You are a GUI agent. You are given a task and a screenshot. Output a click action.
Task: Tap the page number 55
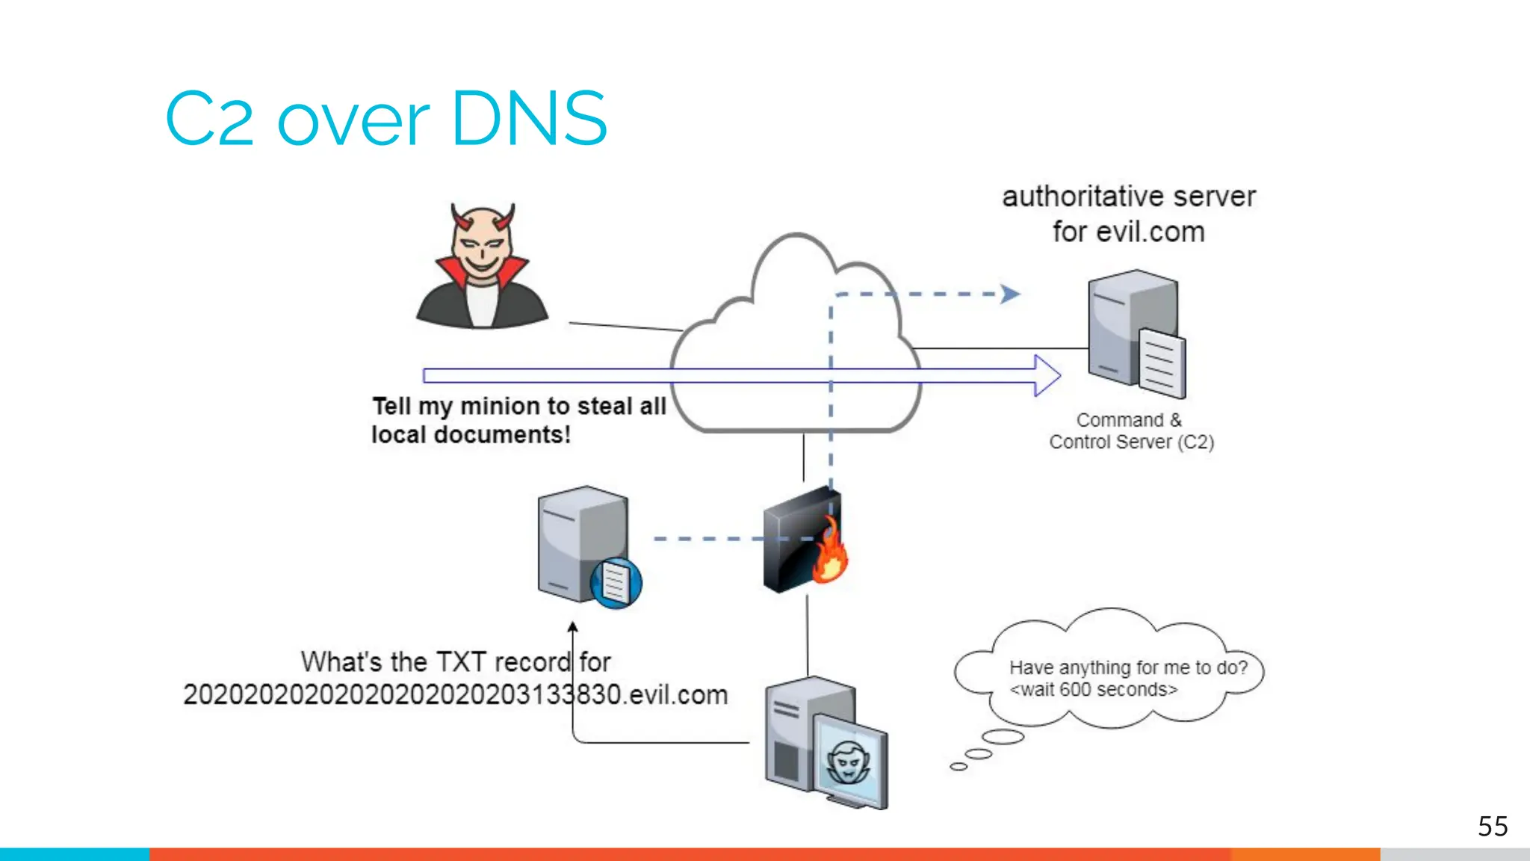(x=1492, y=827)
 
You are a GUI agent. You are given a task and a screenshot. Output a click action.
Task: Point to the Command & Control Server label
(x=1130, y=431)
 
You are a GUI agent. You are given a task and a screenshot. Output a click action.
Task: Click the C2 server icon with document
(x=1136, y=334)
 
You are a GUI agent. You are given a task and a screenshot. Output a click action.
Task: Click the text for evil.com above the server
(x=1128, y=232)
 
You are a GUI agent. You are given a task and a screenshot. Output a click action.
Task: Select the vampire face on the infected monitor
(x=848, y=762)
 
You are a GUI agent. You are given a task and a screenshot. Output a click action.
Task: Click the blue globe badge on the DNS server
(x=616, y=583)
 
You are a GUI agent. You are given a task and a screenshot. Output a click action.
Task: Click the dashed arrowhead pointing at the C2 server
(x=1010, y=294)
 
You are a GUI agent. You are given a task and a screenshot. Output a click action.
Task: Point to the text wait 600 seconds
(x=1093, y=690)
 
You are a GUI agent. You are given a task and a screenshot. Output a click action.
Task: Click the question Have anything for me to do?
(x=1128, y=667)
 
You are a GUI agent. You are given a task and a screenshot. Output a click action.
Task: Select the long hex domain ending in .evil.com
(x=455, y=695)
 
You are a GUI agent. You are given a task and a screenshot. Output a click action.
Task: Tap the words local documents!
(x=471, y=435)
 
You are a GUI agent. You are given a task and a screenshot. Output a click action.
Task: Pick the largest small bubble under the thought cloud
(x=1003, y=738)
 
